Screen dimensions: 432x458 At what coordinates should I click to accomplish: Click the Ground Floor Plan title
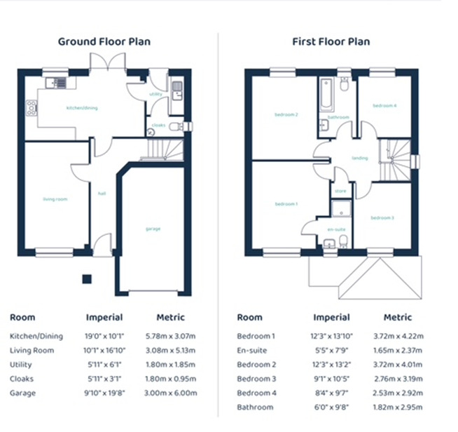click(104, 41)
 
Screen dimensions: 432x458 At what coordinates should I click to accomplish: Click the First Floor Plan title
click(331, 41)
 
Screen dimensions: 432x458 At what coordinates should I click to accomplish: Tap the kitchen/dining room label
click(82, 108)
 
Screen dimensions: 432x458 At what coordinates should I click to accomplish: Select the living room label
click(55, 199)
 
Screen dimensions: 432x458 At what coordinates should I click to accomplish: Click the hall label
click(102, 194)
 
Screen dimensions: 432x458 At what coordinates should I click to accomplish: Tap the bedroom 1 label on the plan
click(286, 204)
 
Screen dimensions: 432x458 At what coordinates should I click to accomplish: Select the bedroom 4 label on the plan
click(384, 106)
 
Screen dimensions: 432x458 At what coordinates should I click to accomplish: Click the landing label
click(360, 158)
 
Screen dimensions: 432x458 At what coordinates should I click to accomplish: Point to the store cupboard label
click(340, 191)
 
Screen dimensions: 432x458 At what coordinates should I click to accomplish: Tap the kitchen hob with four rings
click(32, 108)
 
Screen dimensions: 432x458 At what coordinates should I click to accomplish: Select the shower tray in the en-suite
click(341, 209)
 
